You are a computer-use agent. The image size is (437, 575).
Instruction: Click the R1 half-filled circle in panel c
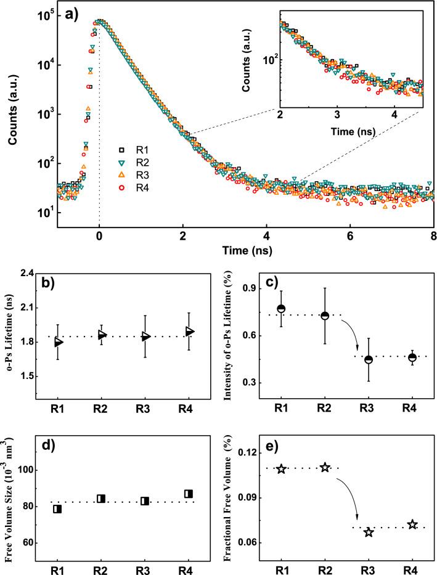(281, 308)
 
